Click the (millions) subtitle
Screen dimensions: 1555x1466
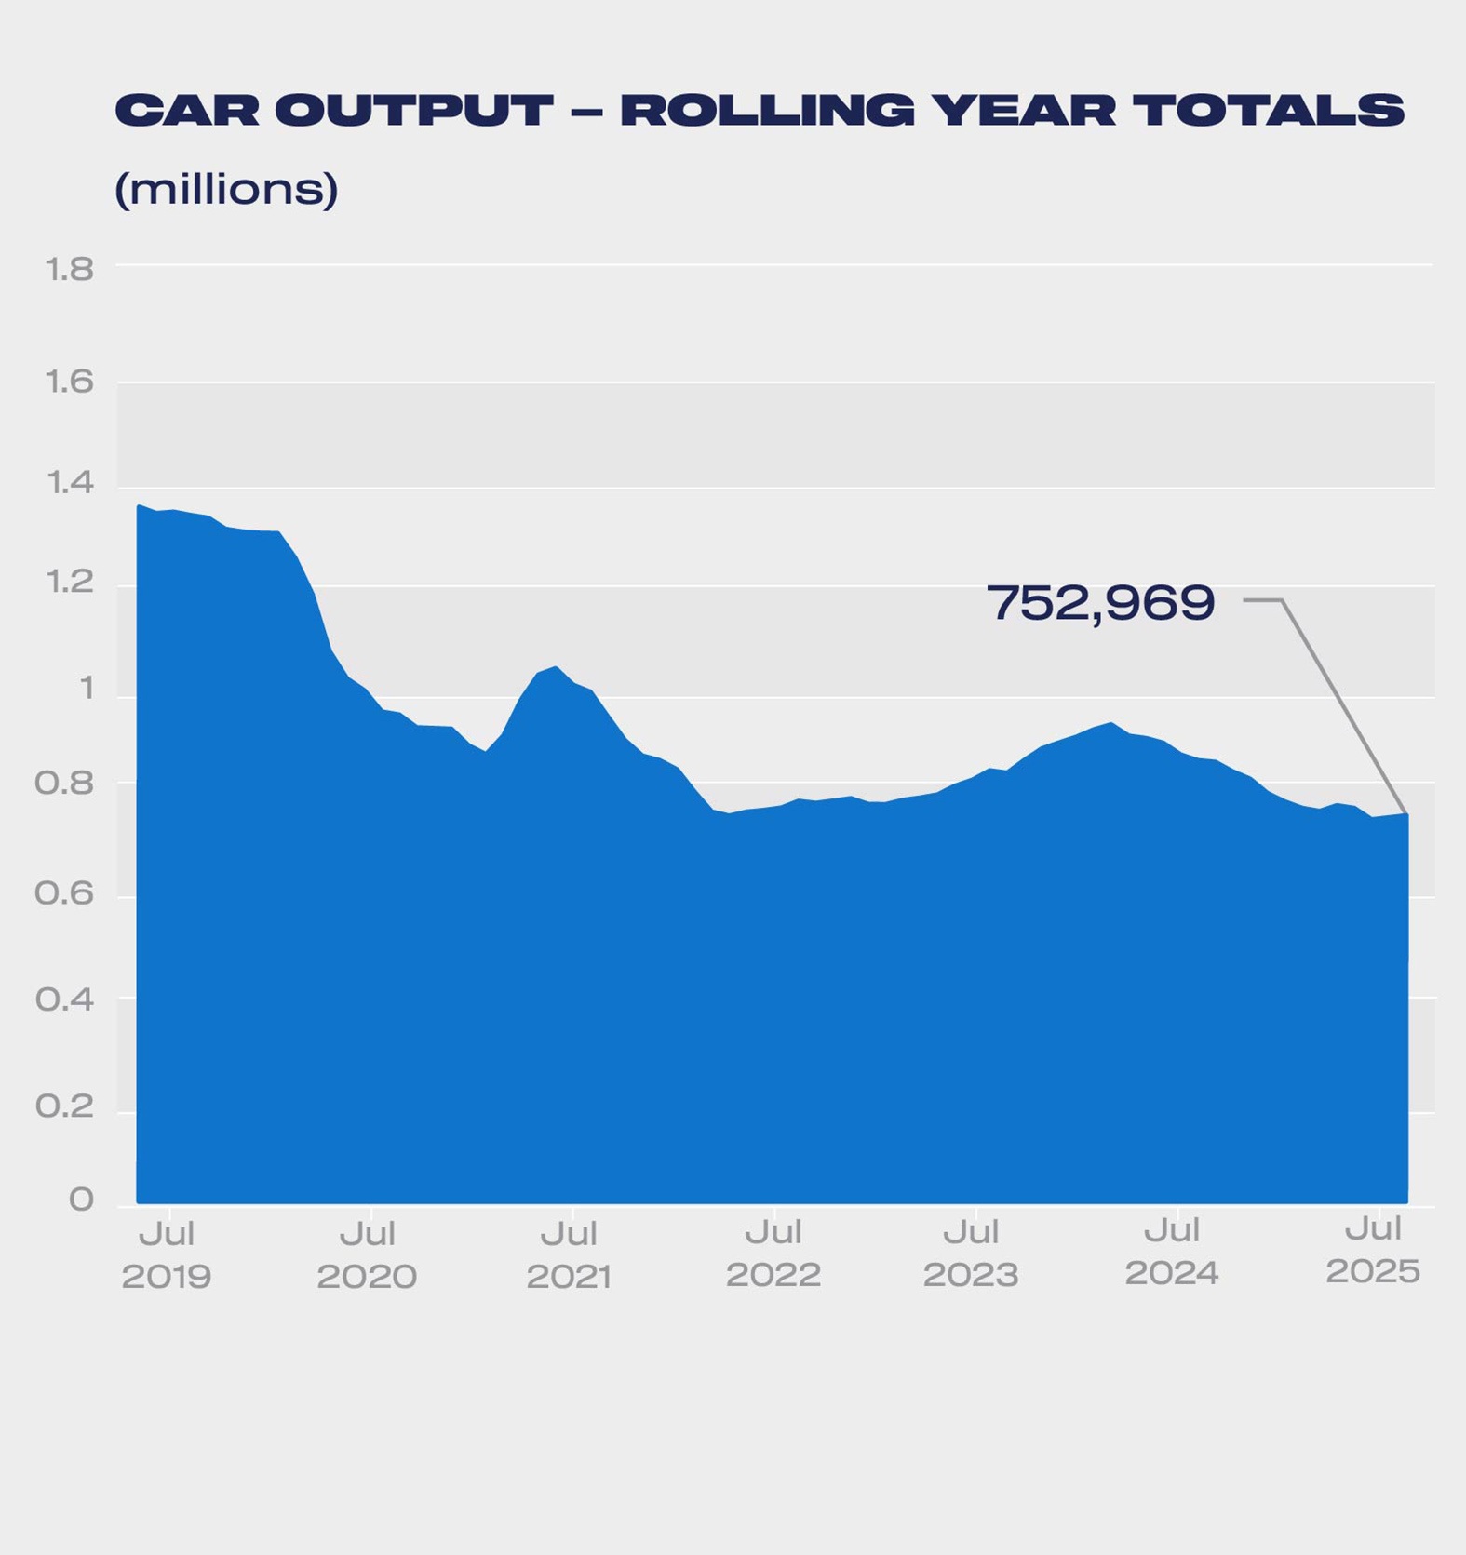(x=226, y=189)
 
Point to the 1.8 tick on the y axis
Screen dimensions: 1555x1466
(x=69, y=269)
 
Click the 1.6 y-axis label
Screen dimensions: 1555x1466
(x=69, y=382)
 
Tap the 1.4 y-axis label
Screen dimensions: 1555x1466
(x=69, y=482)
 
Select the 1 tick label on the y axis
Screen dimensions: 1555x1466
(x=87, y=689)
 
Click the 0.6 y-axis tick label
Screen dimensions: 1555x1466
(x=64, y=893)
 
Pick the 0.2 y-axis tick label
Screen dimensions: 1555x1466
(x=64, y=1106)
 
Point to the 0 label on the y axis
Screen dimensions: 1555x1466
(x=81, y=1200)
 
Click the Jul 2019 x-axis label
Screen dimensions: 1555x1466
(x=167, y=1254)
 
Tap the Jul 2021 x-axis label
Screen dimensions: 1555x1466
(x=569, y=1254)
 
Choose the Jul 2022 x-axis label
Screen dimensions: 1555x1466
(x=773, y=1253)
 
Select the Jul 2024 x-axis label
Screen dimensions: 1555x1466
(x=1172, y=1252)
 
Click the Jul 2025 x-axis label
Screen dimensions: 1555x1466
(x=1373, y=1250)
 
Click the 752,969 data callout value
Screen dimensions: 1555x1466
(x=1100, y=603)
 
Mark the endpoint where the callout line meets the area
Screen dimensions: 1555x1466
(x=1406, y=814)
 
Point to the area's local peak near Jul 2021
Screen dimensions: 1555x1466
(x=556, y=666)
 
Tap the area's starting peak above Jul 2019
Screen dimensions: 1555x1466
(x=139, y=505)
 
